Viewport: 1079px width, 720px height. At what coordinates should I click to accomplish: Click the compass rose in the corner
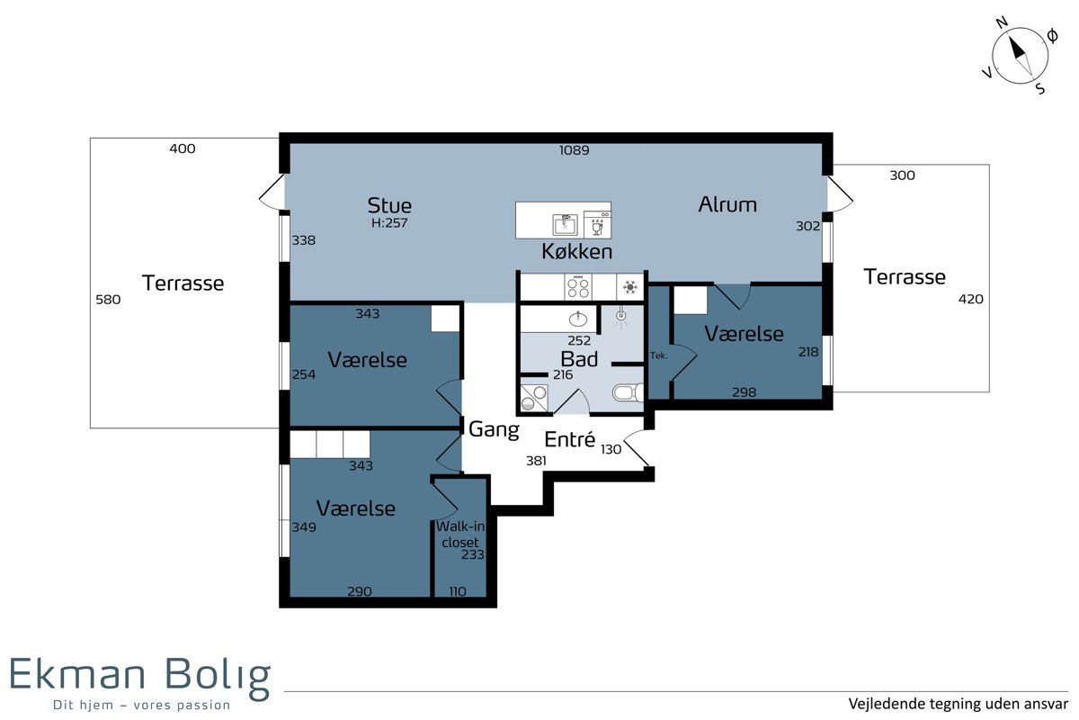[x=1020, y=56]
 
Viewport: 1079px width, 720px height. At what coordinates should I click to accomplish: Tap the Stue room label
[x=389, y=206]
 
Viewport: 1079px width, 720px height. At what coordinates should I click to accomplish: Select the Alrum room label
[x=727, y=205]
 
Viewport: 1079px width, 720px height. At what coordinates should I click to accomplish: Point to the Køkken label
[x=576, y=251]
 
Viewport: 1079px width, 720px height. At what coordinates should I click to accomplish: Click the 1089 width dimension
[x=574, y=150]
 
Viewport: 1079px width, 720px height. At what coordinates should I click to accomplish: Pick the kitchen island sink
[x=565, y=225]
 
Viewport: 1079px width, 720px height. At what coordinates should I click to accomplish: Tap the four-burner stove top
[x=578, y=287]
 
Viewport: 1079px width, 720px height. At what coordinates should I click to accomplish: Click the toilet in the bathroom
[x=629, y=392]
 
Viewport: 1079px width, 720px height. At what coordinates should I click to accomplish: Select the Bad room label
[x=579, y=359]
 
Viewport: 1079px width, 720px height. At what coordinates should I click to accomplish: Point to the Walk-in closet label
[x=460, y=535]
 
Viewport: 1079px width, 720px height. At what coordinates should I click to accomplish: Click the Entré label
[x=570, y=439]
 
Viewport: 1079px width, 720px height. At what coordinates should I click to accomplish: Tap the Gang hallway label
[x=494, y=429]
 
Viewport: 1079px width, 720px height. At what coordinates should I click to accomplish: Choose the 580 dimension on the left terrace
[x=108, y=300]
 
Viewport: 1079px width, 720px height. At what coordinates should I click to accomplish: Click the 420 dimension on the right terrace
[x=970, y=300]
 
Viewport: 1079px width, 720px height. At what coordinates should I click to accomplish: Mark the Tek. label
[x=658, y=355]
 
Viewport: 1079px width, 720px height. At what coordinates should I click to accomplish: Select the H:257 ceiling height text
[x=389, y=223]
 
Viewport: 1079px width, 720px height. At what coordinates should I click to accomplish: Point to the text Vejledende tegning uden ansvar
[x=959, y=704]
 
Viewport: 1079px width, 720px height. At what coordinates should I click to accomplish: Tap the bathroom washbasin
[x=577, y=319]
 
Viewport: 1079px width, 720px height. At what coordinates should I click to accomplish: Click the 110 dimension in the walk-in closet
[x=458, y=591]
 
